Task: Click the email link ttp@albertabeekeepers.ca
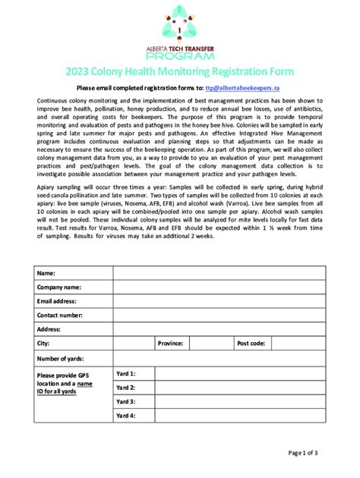pyautogui.click(x=248, y=89)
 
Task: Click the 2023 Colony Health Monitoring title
pyautogui.click(x=179, y=71)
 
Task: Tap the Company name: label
pyautogui.click(x=59, y=288)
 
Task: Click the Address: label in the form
pyautogui.click(x=49, y=329)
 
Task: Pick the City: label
pyautogui.click(x=43, y=343)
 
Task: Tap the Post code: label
pyautogui.click(x=251, y=343)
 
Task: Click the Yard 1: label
pyautogui.click(x=126, y=374)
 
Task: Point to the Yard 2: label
pyautogui.click(x=126, y=388)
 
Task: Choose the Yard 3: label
pyautogui.click(x=126, y=401)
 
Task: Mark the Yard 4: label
pyautogui.click(x=126, y=416)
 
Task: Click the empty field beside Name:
pyautogui.click(x=219, y=273)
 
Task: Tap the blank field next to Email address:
pyautogui.click(x=219, y=301)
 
